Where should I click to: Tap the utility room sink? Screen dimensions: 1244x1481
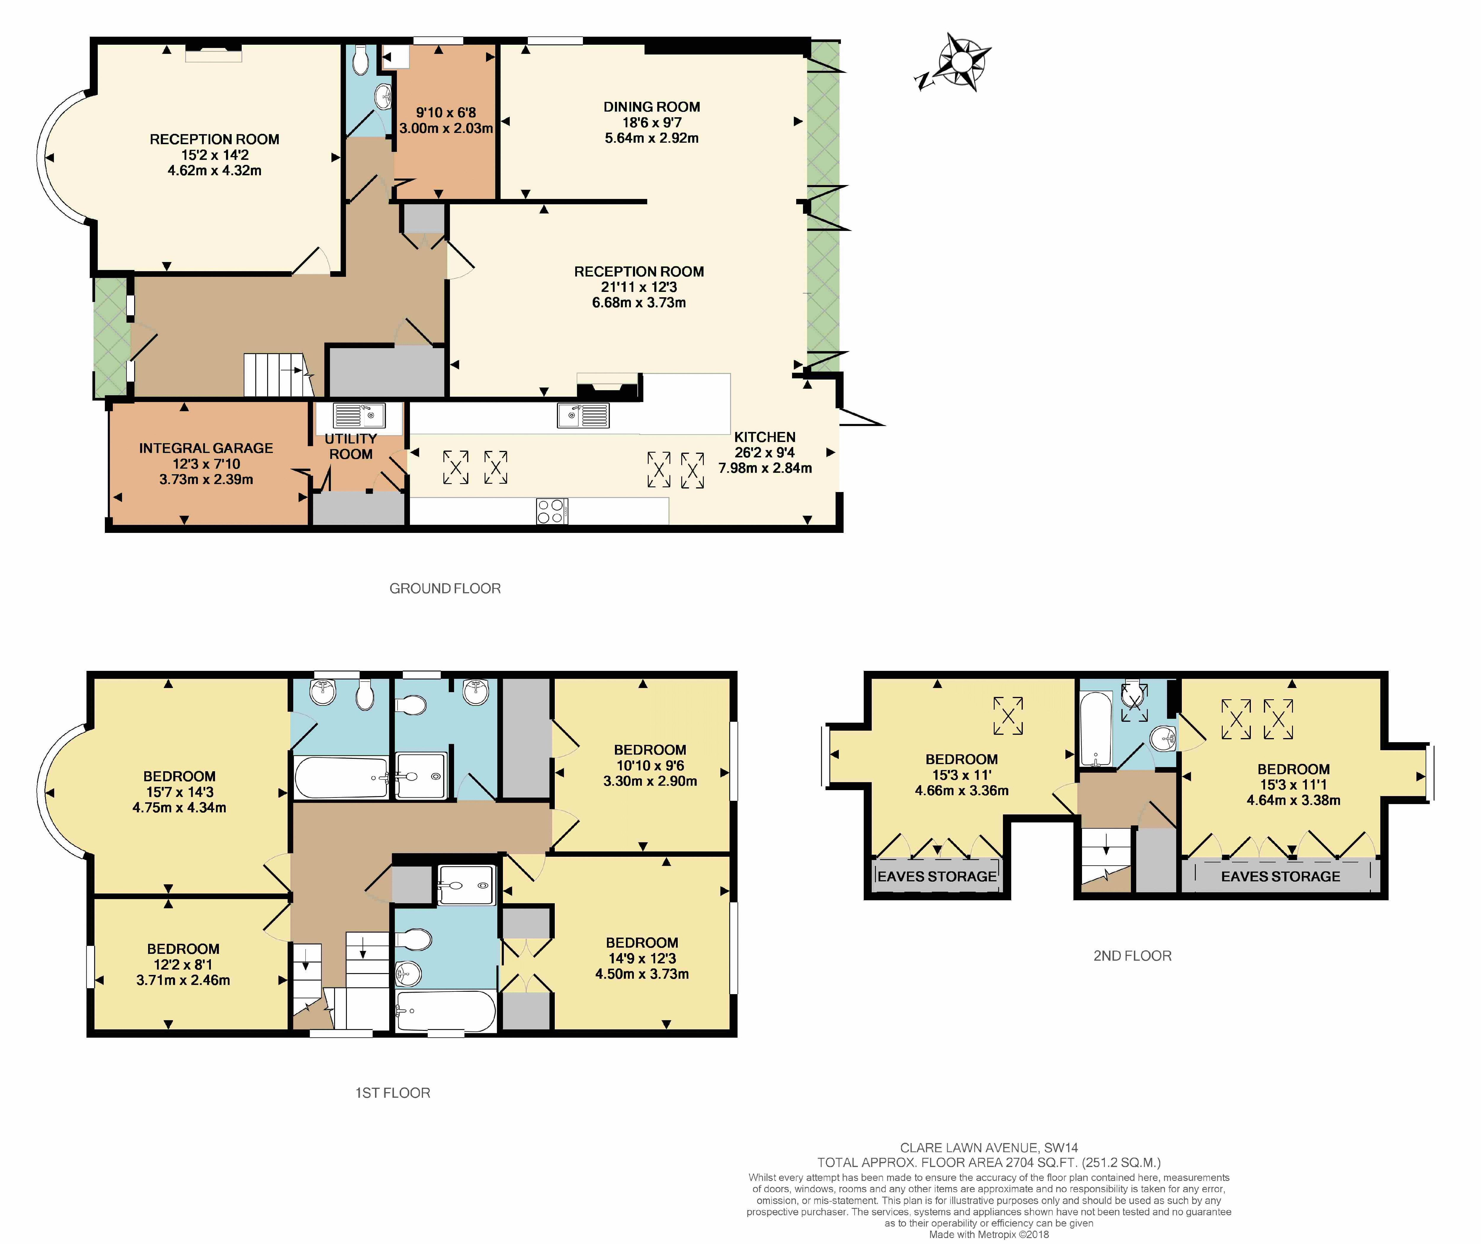(359, 415)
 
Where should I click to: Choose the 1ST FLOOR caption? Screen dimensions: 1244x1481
(392, 1092)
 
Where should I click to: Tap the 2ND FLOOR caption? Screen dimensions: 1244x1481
(1132, 956)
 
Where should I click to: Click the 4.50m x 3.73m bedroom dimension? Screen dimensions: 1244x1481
(641, 974)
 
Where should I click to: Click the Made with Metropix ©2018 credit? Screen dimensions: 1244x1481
(988, 1234)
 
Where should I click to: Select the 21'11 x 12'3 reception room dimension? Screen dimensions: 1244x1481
(639, 287)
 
